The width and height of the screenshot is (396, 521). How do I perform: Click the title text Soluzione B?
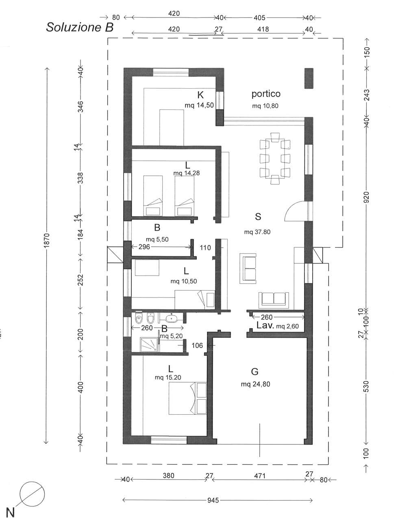pos(80,27)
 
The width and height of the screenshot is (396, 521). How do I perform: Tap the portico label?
pos(266,94)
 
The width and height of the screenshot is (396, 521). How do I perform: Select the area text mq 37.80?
pos(257,232)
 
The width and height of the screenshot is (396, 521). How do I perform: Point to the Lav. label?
pos(265,325)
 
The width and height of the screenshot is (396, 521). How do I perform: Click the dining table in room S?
pos(275,158)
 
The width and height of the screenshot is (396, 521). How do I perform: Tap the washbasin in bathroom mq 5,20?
pos(171,318)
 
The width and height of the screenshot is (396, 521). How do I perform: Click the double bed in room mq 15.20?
pos(187,399)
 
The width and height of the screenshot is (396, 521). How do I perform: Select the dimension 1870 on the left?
pos(47,240)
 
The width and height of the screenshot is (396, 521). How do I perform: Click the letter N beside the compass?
pos(10,508)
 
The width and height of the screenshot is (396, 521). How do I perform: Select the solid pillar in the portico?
pos(309,78)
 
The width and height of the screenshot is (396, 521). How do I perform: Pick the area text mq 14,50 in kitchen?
pos(199,105)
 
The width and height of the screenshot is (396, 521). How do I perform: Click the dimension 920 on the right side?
pos(366,197)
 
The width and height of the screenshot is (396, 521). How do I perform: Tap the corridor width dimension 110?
pos(205,247)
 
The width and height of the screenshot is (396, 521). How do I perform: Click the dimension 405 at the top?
pos(259,18)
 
